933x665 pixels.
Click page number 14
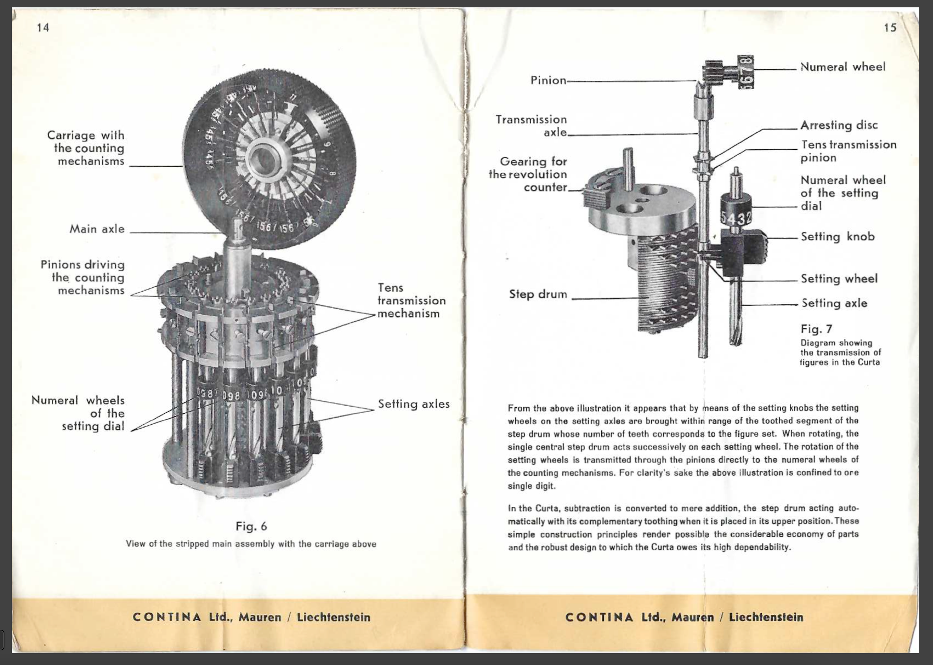click(43, 28)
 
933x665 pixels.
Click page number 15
click(890, 28)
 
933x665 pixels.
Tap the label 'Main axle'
click(97, 229)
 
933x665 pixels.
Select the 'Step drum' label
click(538, 294)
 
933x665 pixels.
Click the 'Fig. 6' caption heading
click(251, 526)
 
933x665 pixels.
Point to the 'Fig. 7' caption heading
click(816, 329)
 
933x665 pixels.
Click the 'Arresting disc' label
click(839, 125)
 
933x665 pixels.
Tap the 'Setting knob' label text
click(837, 237)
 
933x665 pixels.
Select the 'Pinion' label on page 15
click(548, 80)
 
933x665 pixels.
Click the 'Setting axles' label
click(414, 404)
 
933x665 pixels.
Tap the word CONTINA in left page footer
click(167, 617)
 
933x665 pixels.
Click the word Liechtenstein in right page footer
click(766, 617)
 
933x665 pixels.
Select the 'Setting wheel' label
click(839, 279)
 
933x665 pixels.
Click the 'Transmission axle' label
click(531, 126)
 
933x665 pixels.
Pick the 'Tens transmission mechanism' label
click(411, 301)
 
